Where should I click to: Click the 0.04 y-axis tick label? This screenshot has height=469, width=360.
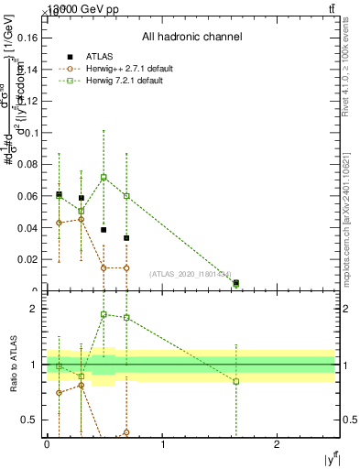tap(28, 227)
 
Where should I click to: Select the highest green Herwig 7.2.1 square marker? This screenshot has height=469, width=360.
tap(104, 177)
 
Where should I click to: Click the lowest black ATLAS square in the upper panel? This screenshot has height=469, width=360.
tap(236, 283)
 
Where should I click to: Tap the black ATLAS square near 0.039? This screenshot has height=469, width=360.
tap(104, 230)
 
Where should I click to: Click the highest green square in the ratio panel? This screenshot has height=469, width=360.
tap(104, 314)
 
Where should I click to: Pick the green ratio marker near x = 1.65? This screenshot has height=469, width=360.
tap(236, 381)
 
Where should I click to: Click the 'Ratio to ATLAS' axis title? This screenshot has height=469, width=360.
tap(13, 364)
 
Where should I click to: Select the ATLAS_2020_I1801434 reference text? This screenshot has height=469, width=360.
tap(183, 274)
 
